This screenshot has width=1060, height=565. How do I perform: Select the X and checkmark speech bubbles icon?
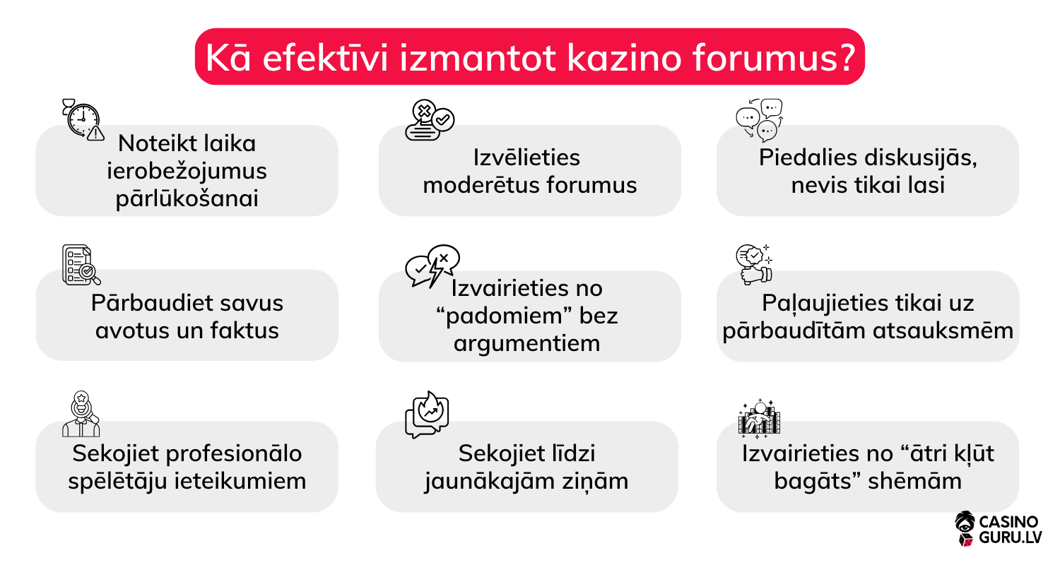click(x=429, y=121)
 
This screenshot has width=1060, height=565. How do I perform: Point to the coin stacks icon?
click(x=759, y=417)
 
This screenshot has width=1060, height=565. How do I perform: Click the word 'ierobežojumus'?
click(x=187, y=171)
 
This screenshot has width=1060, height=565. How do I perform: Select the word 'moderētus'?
click(x=481, y=185)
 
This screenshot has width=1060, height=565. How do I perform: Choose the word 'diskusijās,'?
click(x=913, y=157)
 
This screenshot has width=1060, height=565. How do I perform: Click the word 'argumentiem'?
click(x=526, y=343)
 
